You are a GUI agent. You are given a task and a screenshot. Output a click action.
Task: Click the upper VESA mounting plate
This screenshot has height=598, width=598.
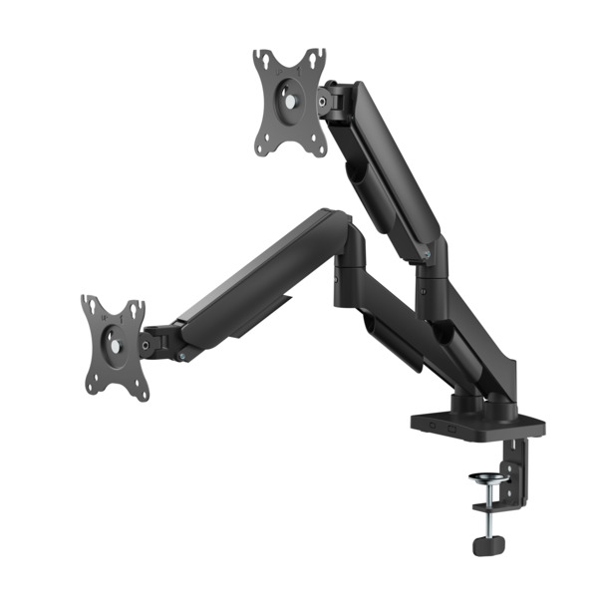click(289, 100)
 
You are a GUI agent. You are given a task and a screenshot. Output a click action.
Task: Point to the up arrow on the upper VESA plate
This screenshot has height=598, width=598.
click(290, 65)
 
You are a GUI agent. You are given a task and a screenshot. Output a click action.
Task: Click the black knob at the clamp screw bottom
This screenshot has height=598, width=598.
click(487, 547)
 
